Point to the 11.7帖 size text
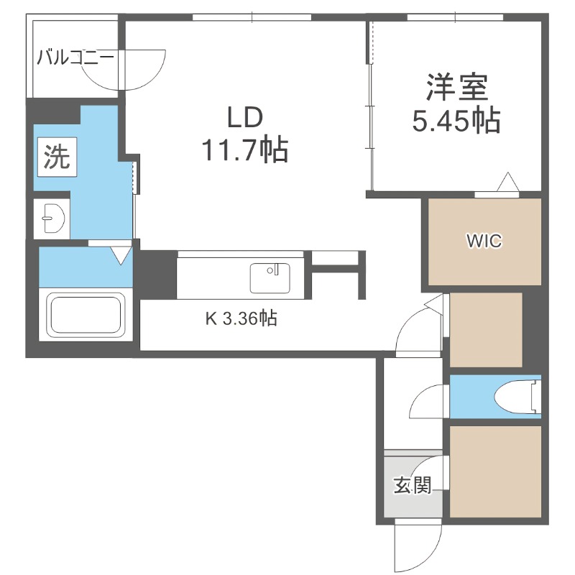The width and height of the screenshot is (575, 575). [244, 150]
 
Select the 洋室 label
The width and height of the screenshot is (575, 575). [456, 87]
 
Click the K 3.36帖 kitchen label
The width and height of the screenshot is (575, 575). [241, 318]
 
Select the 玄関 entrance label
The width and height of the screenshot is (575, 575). [412, 486]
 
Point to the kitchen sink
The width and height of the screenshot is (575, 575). [270, 277]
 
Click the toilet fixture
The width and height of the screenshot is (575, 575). [518, 396]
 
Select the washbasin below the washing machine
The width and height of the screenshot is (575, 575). [51, 217]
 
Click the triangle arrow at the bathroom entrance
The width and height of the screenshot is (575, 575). [121, 254]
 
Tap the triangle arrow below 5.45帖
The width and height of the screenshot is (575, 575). [507, 183]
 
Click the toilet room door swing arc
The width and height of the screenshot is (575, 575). [429, 401]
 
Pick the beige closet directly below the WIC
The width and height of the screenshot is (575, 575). [485, 330]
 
